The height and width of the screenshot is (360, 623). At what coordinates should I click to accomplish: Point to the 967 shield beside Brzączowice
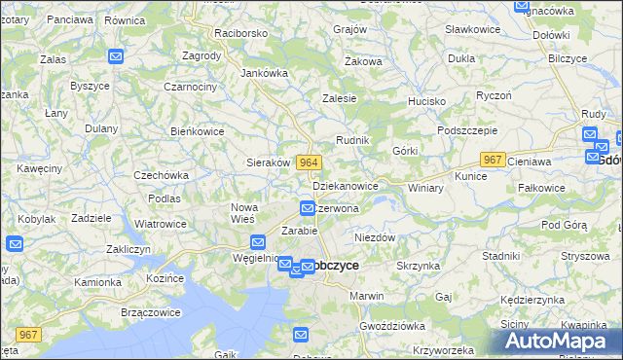[x=28, y=335]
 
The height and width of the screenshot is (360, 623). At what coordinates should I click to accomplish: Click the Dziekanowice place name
[x=346, y=185]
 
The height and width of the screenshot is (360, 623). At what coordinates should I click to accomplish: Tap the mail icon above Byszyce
[x=116, y=57]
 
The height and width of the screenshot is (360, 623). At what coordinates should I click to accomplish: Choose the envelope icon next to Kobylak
[x=15, y=244]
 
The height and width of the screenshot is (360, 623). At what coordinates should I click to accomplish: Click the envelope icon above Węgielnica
[x=258, y=242]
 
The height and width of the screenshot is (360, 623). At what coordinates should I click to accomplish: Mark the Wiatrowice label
[x=161, y=224]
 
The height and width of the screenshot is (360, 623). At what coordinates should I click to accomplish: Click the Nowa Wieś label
[x=243, y=212]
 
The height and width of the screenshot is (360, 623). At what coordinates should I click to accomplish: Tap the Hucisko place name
[x=426, y=101]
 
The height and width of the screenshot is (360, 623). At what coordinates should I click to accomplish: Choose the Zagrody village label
[x=202, y=55]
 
